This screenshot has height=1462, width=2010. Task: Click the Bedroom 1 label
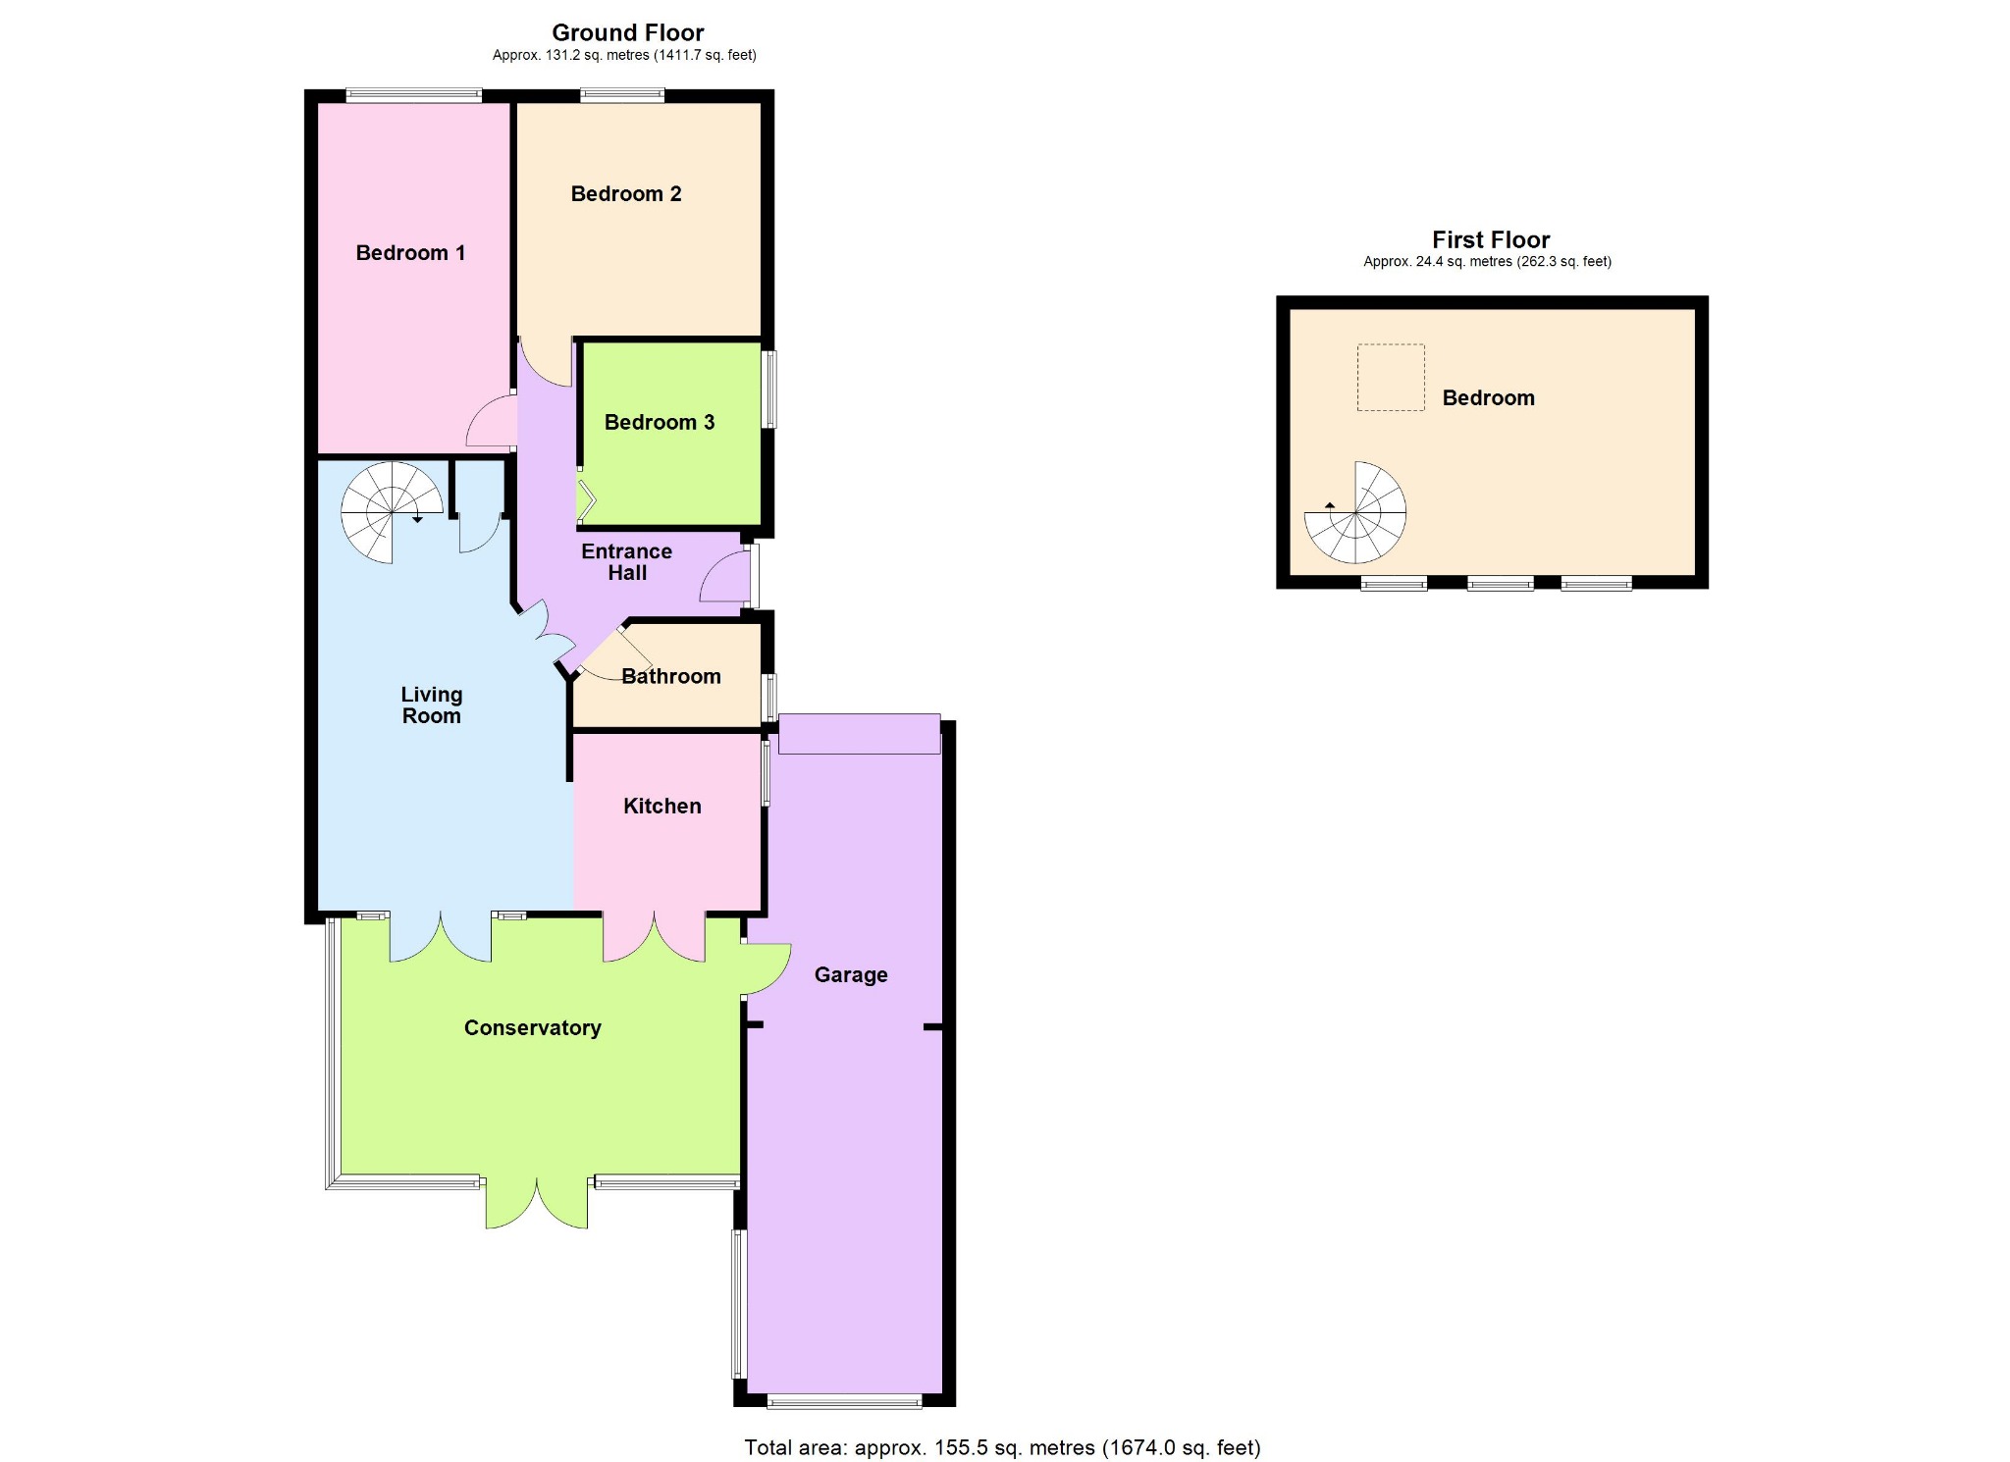click(410, 253)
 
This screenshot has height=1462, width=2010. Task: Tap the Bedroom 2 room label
click(626, 194)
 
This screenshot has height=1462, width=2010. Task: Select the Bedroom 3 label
click(660, 423)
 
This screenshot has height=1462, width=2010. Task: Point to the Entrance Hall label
click(627, 562)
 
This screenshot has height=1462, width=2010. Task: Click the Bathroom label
click(671, 676)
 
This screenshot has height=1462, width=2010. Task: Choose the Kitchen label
click(662, 806)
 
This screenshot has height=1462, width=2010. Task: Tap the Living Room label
click(432, 705)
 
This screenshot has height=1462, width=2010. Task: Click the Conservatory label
click(533, 1027)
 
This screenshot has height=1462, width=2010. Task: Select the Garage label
click(851, 974)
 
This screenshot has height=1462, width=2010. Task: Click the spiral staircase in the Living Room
click(393, 512)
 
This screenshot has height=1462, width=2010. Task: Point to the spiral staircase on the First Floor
click(1355, 512)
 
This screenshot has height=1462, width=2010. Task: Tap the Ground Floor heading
click(628, 32)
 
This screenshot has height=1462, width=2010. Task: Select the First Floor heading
click(1491, 239)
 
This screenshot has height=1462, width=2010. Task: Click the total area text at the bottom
click(1002, 1447)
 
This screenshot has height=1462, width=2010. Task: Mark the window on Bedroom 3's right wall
click(769, 390)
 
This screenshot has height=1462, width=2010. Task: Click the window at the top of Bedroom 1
click(414, 96)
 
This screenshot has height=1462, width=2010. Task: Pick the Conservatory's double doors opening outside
click(537, 1203)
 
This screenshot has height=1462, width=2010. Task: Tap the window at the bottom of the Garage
click(844, 1401)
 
